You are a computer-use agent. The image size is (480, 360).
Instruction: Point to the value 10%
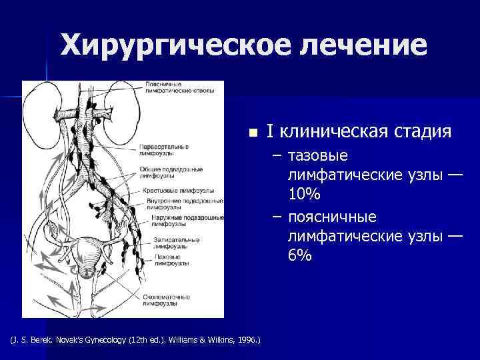(305, 195)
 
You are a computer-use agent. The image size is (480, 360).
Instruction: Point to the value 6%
(300, 255)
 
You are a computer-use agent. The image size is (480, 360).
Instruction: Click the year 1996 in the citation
(246, 341)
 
